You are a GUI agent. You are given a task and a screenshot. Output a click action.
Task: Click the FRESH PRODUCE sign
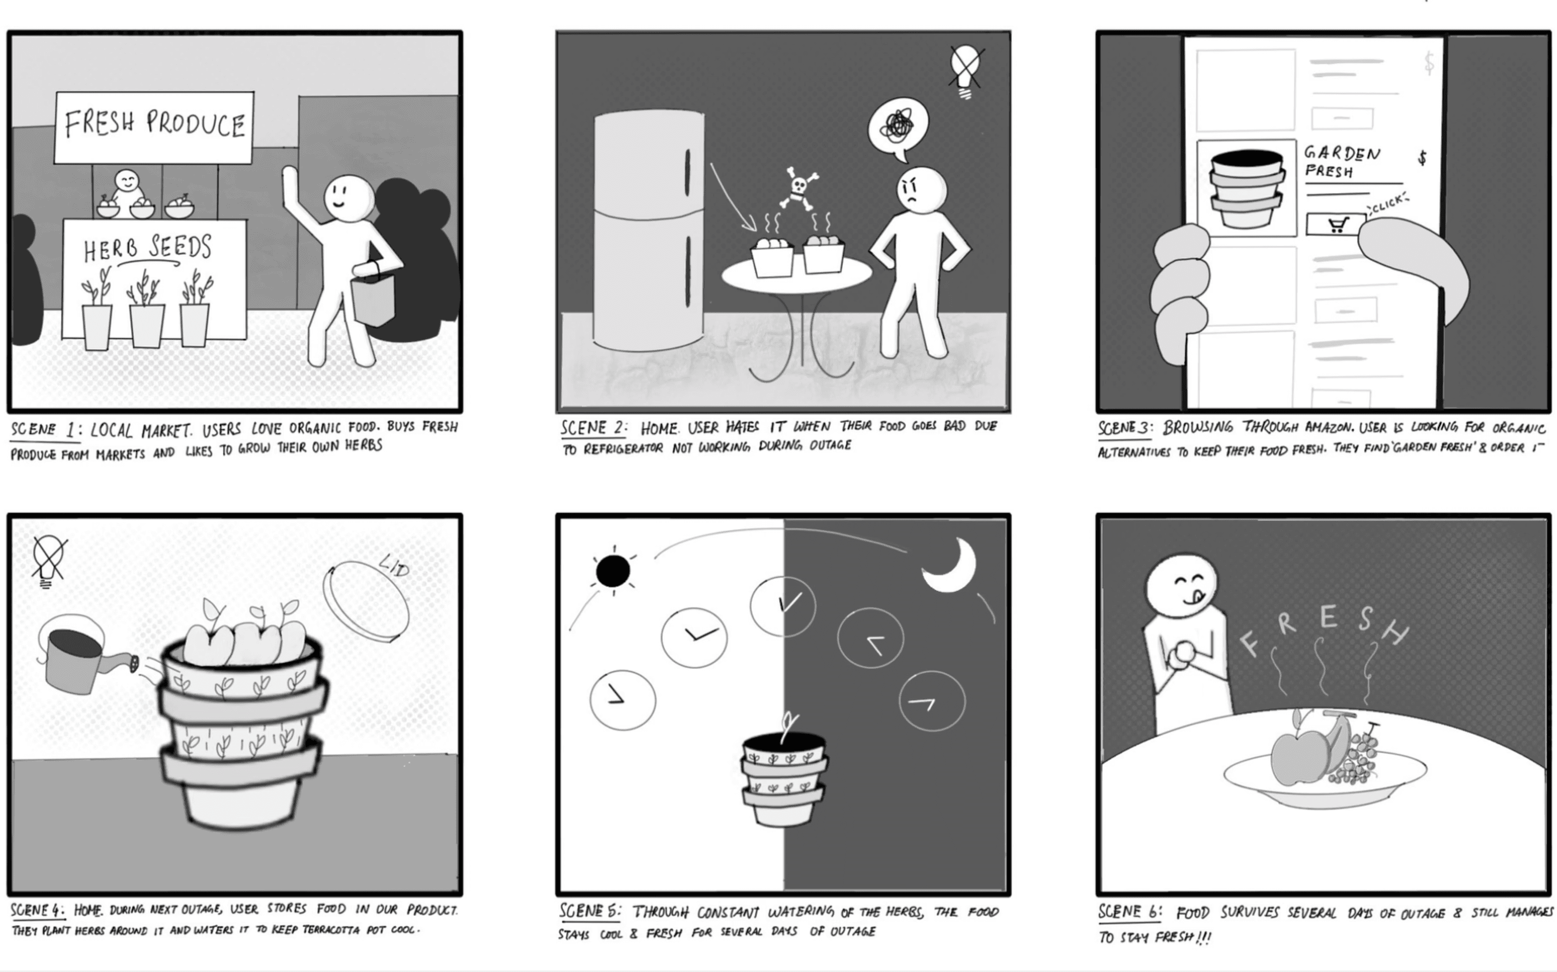pos(154,127)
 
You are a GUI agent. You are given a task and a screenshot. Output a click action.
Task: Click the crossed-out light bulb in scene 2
pos(966,71)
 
